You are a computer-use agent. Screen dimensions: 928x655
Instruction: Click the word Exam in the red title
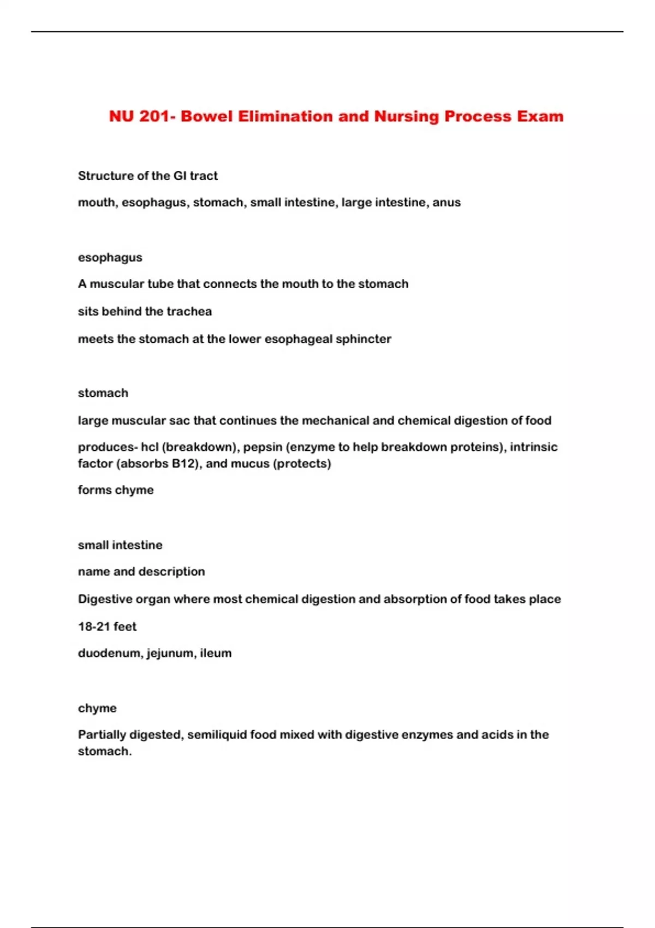coord(540,116)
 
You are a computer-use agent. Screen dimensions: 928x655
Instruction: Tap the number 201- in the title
coord(156,116)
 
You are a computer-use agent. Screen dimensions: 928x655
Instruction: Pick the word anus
coord(446,203)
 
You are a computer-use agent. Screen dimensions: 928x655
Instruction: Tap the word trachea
coord(189,312)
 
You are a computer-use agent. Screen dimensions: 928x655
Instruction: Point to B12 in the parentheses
coord(184,463)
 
